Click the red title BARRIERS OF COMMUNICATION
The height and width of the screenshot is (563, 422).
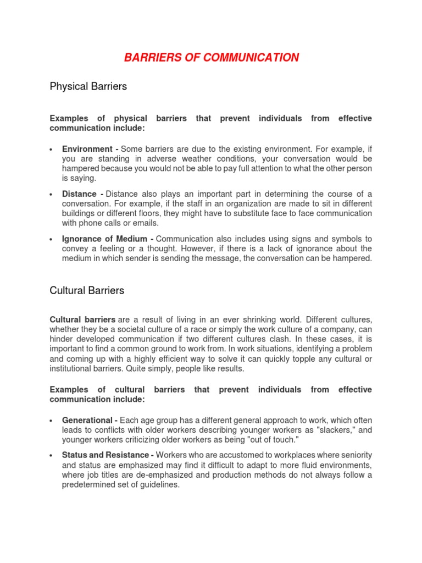(x=211, y=58)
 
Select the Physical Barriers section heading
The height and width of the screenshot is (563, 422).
(x=88, y=86)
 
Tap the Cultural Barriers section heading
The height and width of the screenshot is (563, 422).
(x=87, y=290)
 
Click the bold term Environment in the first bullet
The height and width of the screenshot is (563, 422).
(x=87, y=149)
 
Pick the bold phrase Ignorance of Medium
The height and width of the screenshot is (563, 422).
(x=104, y=239)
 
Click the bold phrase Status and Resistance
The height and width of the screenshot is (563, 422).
(x=105, y=455)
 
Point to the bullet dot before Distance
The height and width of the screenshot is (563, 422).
(x=51, y=195)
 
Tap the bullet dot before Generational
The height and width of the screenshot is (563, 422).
(x=51, y=421)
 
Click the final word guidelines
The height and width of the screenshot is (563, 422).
(x=156, y=485)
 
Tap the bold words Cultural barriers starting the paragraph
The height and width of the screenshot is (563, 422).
(x=82, y=319)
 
